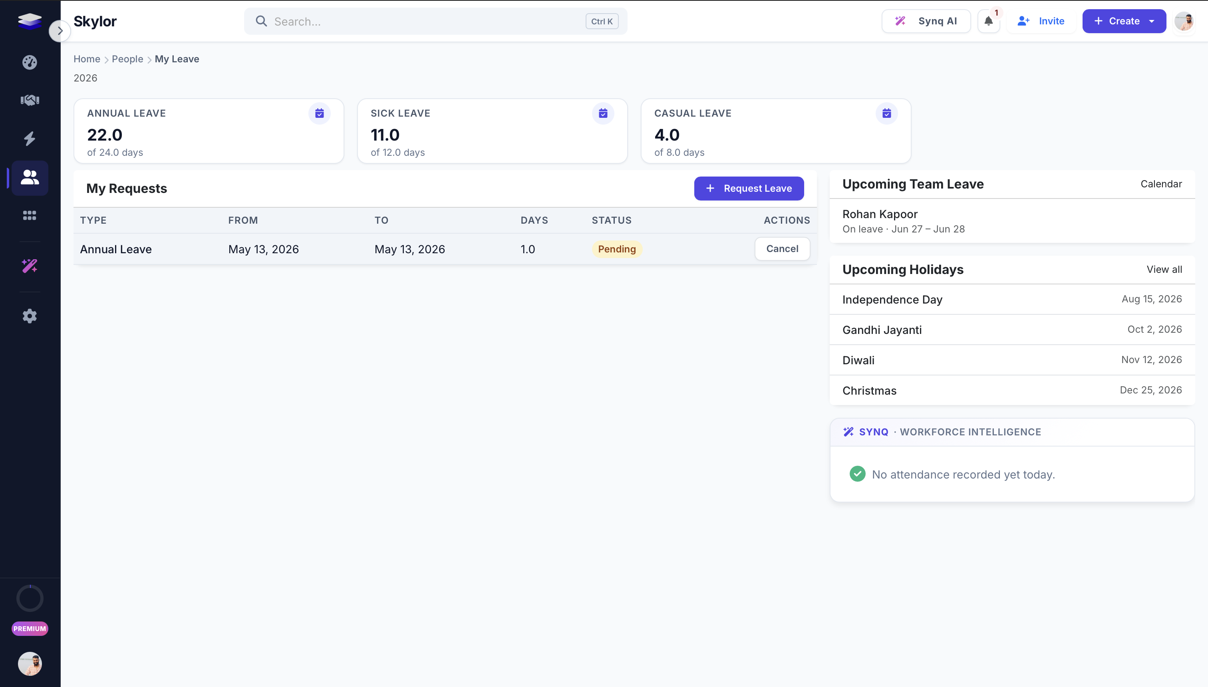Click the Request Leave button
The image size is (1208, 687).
(x=749, y=188)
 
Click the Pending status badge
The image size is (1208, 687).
(x=617, y=249)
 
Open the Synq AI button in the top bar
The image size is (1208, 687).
(x=926, y=21)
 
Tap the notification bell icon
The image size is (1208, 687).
(x=989, y=21)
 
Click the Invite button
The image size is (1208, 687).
(x=1041, y=21)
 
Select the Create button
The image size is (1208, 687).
(x=1124, y=21)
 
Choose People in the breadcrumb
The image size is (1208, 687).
(x=127, y=59)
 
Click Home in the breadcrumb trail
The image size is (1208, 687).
(x=87, y=59)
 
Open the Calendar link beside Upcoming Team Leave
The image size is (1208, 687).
(x=1161, y=184)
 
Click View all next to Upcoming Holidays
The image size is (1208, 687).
(x=1164, y=270)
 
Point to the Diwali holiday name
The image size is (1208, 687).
(x=858, y=361)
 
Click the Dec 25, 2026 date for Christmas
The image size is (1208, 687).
(x=1151, y=390)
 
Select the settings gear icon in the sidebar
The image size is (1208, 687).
(x=30, y=316)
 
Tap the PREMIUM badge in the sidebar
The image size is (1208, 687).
(x=30, y=629)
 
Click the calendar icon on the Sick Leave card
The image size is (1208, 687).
(x=603, y=113)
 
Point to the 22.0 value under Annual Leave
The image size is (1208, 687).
(x=105, y=135)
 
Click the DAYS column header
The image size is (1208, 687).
(x=534, y=220)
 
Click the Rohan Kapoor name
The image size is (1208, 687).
(x=880, y=214)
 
